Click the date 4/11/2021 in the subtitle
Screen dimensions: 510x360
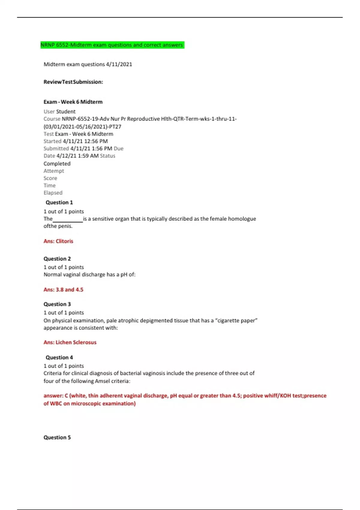[119, 64]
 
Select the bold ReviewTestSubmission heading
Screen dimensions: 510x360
[73, 82]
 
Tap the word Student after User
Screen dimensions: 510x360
[66, 112]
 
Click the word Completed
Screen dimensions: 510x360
[57, 163]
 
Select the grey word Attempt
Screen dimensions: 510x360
[54, 171]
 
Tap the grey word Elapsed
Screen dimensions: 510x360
[53, 193]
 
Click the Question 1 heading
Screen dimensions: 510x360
[59, 202]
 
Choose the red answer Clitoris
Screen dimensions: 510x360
[64, 241]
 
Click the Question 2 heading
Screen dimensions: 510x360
[57, 259]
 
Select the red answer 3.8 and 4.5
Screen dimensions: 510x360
[69, 289]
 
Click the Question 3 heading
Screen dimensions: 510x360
[57, 304]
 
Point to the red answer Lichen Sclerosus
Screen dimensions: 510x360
[76, 342]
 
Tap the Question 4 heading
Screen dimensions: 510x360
[59, 357]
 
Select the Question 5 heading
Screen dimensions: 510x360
[57, 437]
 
